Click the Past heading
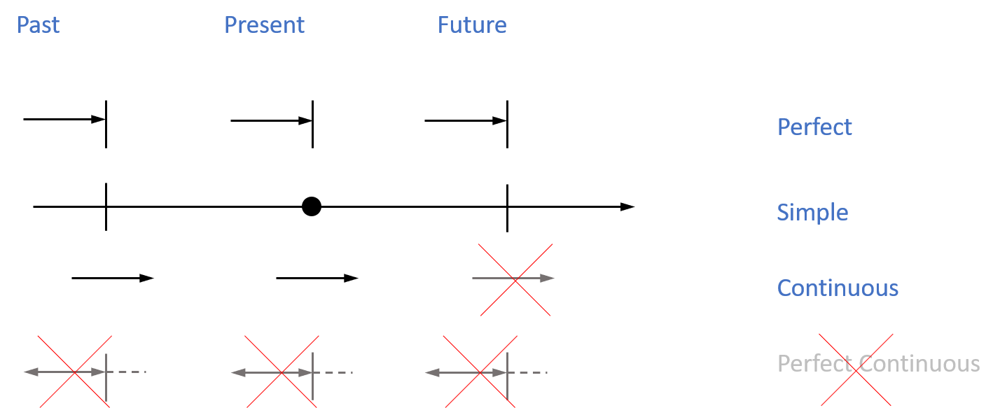(38, 25)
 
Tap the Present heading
(264, 25)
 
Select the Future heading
(472, 25)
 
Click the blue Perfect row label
(814, 127)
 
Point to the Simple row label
(812, 212)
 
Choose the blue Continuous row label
(838, 288)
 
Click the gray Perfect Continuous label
(878, 363)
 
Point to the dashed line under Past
(130, 372)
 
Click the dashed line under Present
(336, 372)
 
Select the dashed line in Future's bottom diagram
(530, 372)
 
